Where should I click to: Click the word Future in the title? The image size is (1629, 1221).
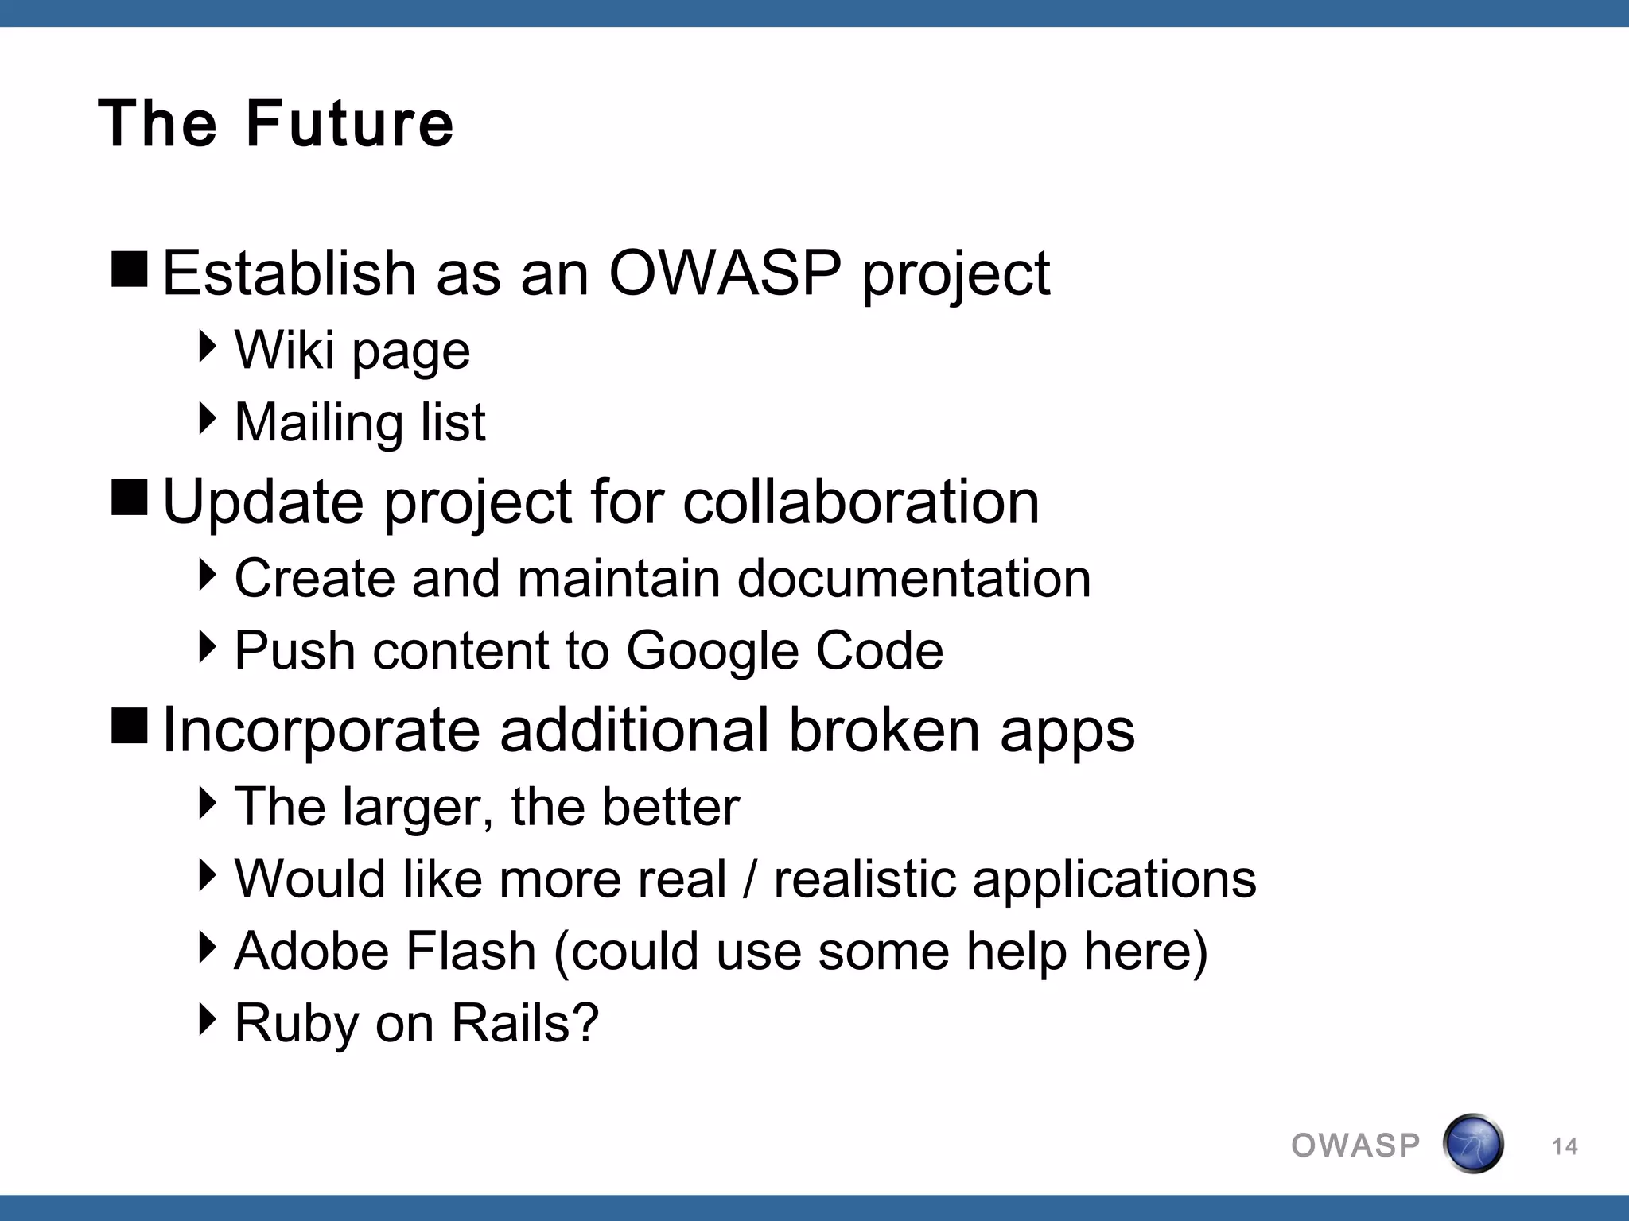[350, 124]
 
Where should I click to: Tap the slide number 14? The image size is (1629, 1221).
[1564, 1146]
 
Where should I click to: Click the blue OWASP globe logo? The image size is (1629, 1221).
[1472, 1144]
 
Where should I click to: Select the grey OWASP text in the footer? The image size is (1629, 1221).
[1355, 1146]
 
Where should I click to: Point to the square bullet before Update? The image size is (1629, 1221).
[130, 498]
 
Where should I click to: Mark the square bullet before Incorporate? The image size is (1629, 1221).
[130, 726]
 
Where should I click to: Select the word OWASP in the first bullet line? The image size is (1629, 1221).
[725, 273]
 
